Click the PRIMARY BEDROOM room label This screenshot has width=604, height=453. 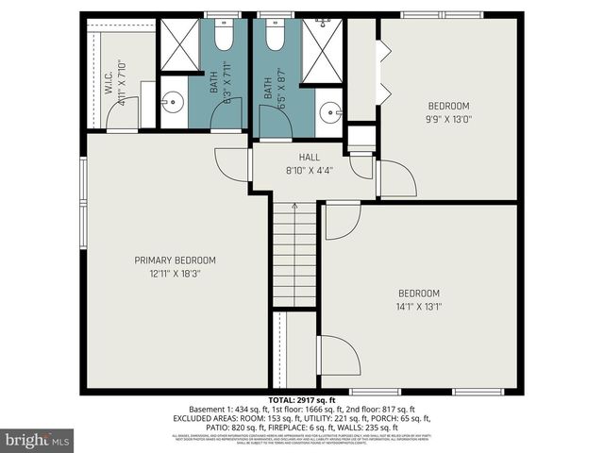[175, 260]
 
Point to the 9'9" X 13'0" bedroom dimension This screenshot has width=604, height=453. [449, 119]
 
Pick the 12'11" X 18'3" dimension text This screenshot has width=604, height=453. [175, 274]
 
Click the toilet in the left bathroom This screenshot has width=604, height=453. [224, 36]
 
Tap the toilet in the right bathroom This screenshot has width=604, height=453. [275, 36]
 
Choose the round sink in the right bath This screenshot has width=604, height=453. [330, 111]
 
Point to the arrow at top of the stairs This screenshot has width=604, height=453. [294, 206]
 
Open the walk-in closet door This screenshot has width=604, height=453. [123, 115]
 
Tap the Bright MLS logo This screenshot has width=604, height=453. [38, 439]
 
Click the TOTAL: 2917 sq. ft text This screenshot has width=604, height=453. [302, 401]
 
